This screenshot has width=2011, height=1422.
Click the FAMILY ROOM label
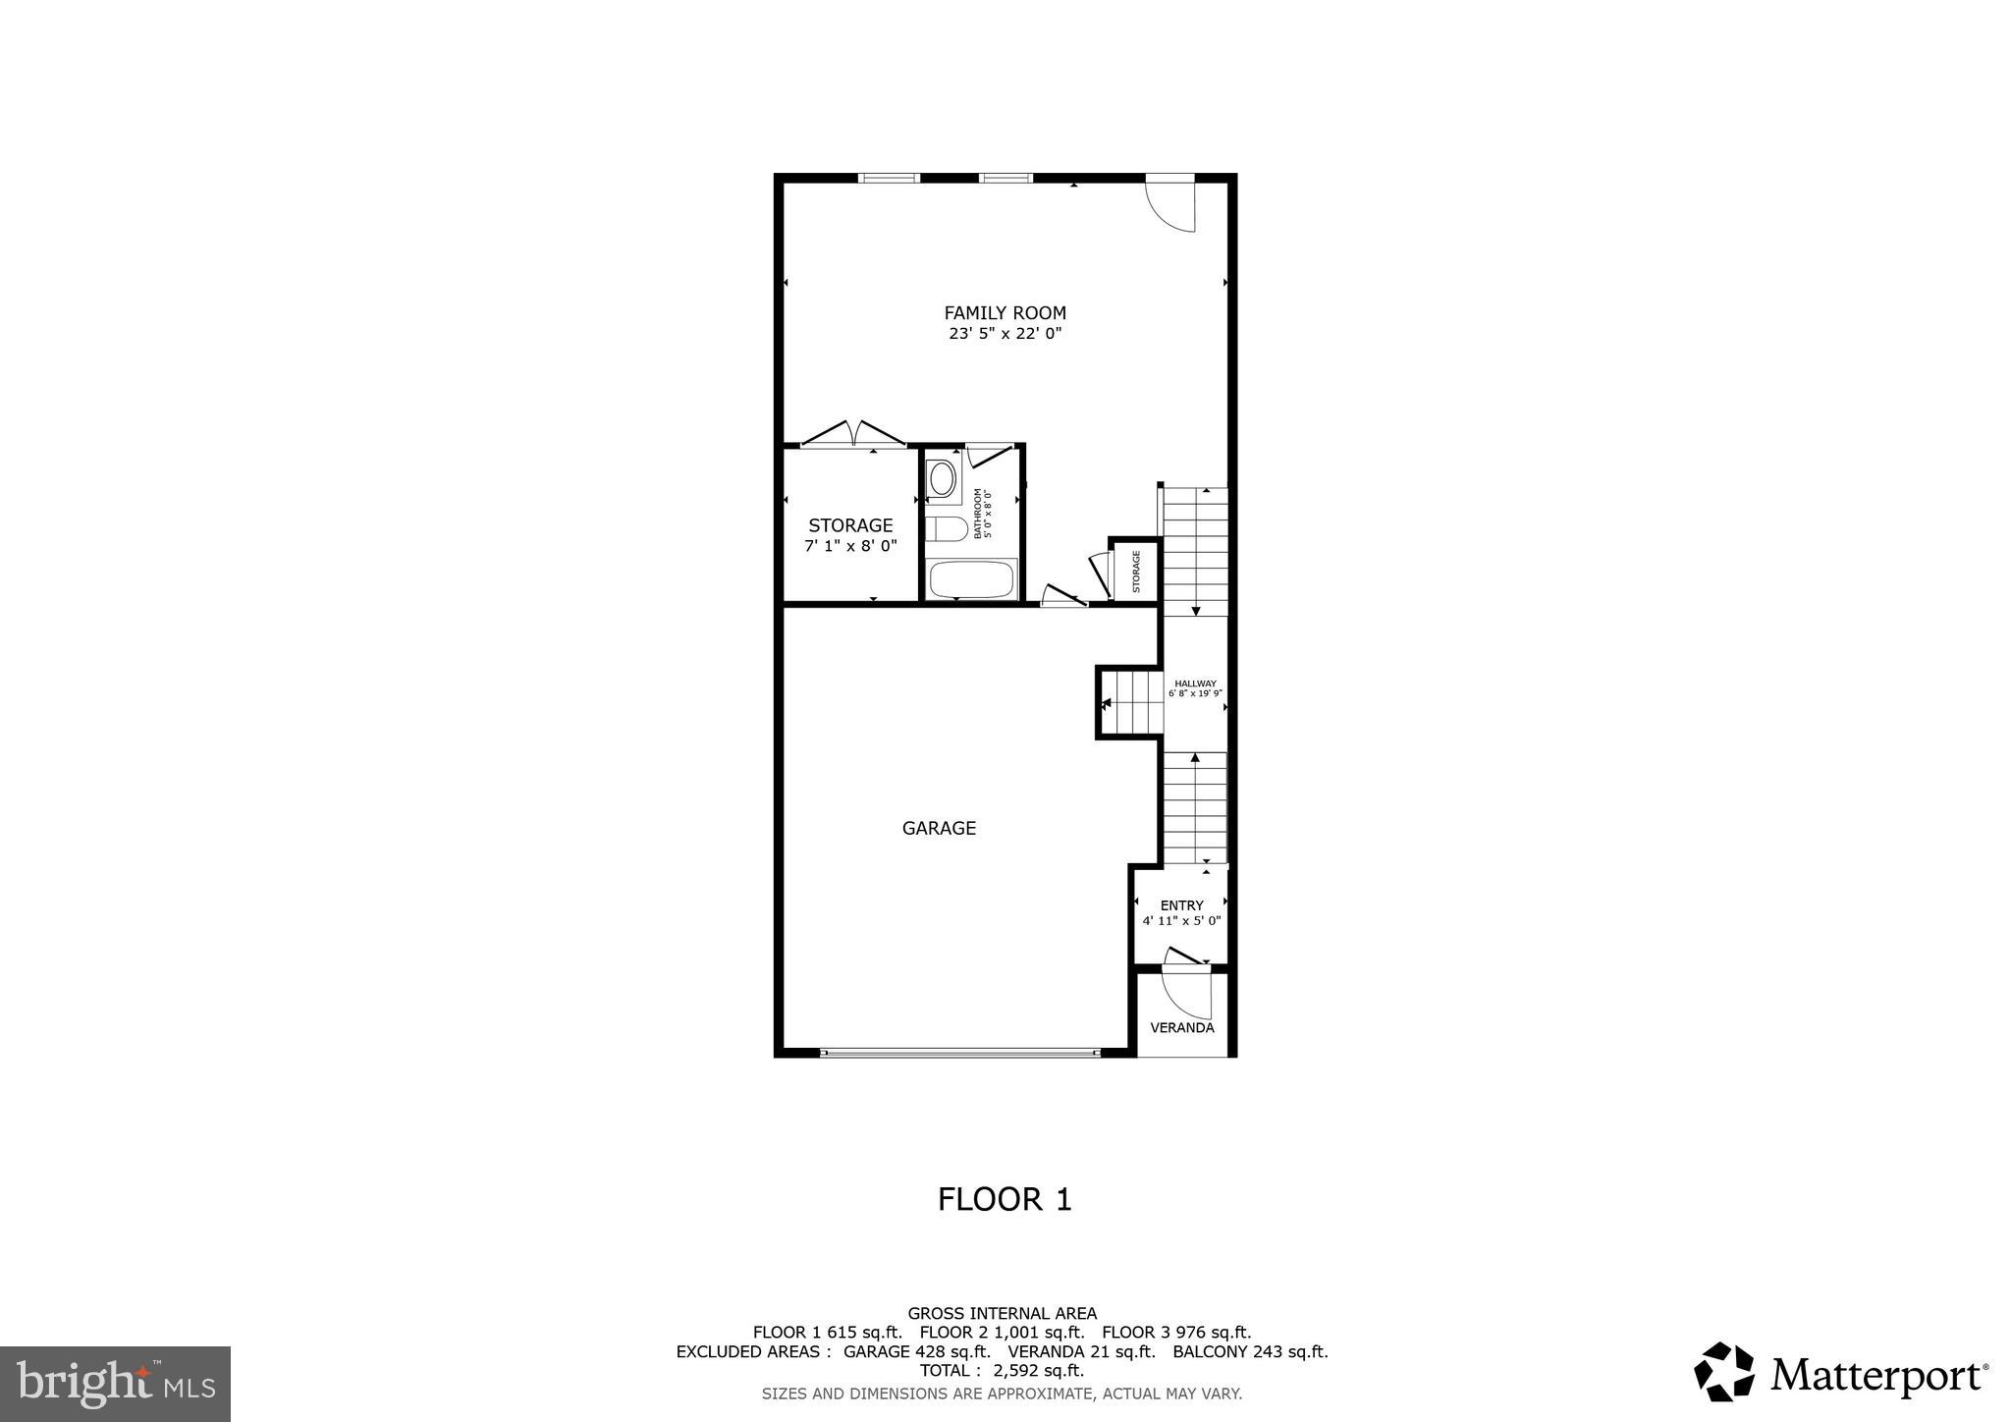point(1005,313)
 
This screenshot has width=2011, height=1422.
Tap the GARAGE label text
point(939,828)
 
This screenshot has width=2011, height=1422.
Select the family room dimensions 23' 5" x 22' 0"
point(1005,334)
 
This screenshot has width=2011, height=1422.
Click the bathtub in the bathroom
point(972,578)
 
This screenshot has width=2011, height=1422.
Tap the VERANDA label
point(1182,1028)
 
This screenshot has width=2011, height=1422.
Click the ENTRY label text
point(1181,905)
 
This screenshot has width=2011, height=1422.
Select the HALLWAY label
point(1195,684)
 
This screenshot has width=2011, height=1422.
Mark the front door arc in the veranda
point(1188,994)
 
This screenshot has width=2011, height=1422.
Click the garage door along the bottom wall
point(960,1053)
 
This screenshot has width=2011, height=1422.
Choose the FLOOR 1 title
point(1005,1199)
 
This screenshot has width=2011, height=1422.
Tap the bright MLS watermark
point(116,1384)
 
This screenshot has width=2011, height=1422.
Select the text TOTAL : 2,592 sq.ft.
point(1002,1371)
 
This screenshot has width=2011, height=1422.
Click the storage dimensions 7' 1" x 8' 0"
point(850,546)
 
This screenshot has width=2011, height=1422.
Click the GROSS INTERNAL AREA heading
point(1002,1314)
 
